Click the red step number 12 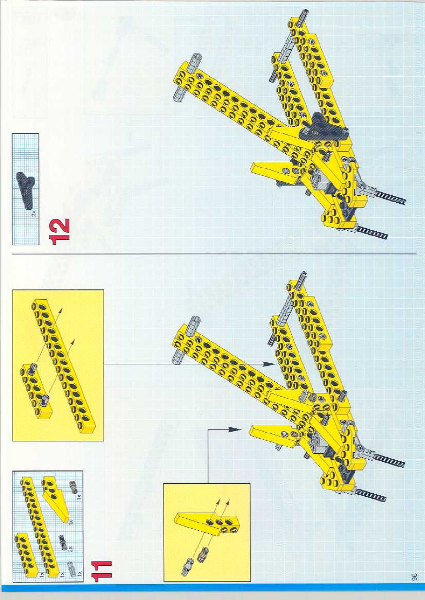pyautogui.click(x=60, y=232)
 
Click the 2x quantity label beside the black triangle pyautogui.click(x=34, y=214)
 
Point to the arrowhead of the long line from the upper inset pyautogui.click(x=268, y=364)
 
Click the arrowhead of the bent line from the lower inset pyautogui.click(x=234, y=429)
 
